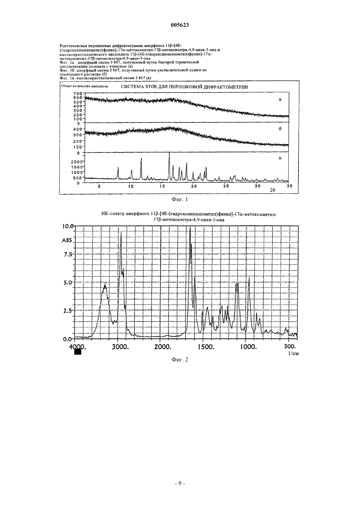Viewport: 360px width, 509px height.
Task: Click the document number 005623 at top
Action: coord(180,25)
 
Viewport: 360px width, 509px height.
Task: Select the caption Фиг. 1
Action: coord(180,200)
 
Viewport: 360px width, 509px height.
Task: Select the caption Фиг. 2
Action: coord(180,360)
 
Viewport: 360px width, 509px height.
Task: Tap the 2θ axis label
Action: coord(272,190)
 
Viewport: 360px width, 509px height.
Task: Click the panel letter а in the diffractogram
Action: coord(280,99)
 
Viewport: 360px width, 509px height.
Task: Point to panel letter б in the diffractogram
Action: coord(280,129)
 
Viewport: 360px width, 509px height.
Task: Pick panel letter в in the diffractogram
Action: coord(280,158)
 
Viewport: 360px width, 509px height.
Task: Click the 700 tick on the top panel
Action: coord(78,94)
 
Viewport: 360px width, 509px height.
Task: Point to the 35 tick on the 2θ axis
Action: coord(289,186)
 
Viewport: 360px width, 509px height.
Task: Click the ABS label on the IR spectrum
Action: coord(67,240)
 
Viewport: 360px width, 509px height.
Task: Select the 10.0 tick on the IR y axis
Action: coord(68,227)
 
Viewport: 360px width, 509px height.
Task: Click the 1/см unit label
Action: coord(293,353)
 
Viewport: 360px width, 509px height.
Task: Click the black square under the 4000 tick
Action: coord(78,352)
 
